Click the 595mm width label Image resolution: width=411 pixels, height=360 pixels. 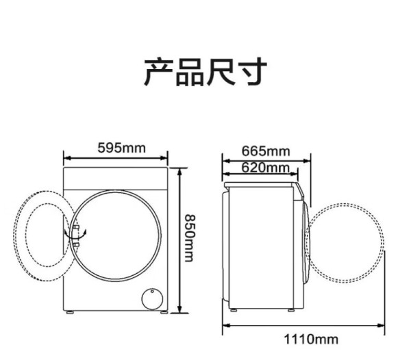tap(121, 148)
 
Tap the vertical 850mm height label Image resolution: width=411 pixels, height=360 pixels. tap(189, 238)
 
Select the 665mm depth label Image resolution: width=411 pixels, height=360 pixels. tap(266, 151)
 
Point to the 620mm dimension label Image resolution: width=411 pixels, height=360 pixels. tap(265, 168)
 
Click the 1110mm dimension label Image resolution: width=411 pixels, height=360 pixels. tap(311, 339)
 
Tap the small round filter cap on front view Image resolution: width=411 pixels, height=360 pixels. tap(152, 299)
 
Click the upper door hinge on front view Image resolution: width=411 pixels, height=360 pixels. tap(76, 227)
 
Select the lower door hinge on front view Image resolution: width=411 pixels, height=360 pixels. tap(76, 244)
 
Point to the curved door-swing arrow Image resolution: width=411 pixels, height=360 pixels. tap(75, 235)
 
